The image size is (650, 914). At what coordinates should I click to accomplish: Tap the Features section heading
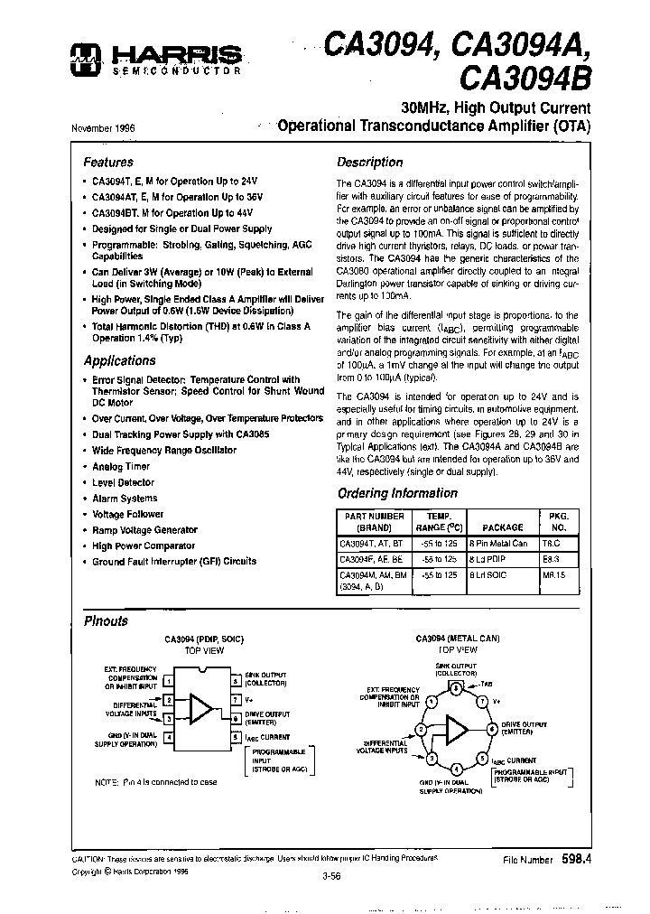[108, 163]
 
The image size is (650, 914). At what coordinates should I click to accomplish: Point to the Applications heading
[119, 360]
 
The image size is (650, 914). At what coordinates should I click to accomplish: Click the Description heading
[369, 163]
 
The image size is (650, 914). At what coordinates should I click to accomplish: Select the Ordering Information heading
[397, 493]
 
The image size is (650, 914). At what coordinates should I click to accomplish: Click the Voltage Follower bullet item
[127, 514]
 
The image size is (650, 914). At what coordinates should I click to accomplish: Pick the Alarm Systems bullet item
[125, 499]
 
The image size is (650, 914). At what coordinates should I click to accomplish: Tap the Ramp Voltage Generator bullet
[144, 530]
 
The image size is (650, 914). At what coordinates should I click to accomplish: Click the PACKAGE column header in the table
[502, 527]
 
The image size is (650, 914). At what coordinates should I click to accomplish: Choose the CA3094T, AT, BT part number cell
[372, 544]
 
